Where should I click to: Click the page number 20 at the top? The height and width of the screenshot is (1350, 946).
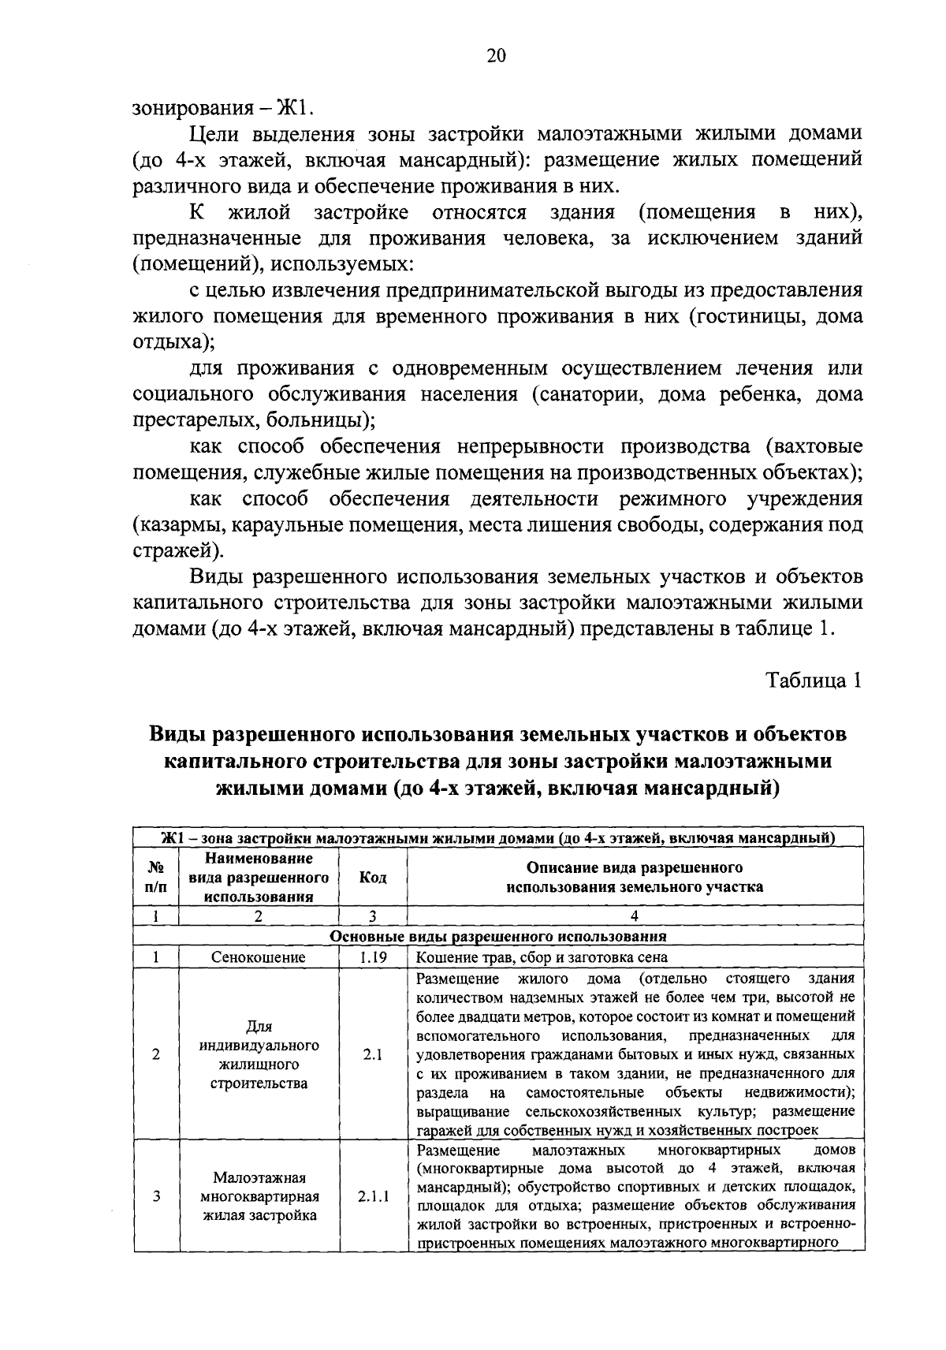coord(496,55)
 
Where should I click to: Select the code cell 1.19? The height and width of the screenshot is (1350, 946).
coord(372,957)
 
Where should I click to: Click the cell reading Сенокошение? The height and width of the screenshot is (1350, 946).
coord(259,957)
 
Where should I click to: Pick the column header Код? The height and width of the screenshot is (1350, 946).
coord(372,878)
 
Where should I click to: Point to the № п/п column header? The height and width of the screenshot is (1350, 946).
coord(156,878)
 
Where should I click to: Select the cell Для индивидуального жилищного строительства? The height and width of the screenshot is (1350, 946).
coord(259,1054)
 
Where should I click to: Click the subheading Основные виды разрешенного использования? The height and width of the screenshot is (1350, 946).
coord(498,937)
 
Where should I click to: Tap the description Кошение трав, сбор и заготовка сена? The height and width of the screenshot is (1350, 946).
coord(542,957)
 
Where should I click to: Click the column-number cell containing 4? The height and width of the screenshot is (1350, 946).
coord(635,916)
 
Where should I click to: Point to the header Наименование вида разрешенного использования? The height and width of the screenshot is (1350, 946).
coord(259,878)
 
